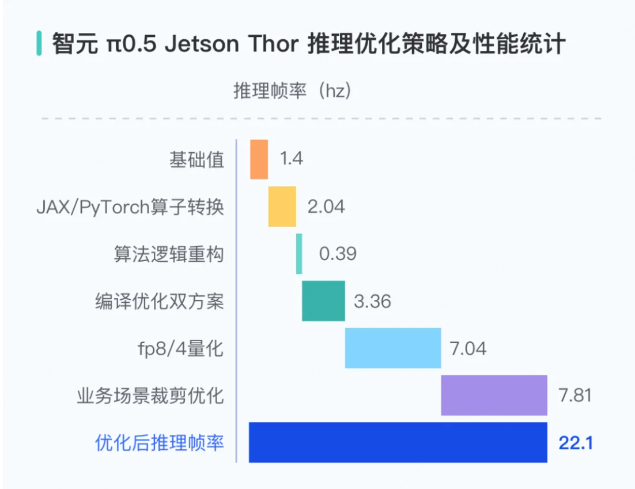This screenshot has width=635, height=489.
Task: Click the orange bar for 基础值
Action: click(259, 159)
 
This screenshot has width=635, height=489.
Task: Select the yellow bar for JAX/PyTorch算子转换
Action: click(282, 206)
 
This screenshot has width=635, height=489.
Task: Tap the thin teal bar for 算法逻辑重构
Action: click(299, 254)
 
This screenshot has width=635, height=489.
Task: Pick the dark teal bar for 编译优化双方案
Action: click(323, 301)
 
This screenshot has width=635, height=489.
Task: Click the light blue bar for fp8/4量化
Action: click(393, 348)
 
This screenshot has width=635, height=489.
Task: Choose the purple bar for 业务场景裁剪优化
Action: click(494, 396)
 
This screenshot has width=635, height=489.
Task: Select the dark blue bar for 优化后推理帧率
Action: click(398, 443)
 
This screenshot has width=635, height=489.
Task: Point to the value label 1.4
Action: click(292, 159)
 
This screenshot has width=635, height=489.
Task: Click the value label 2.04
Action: click(326, 206)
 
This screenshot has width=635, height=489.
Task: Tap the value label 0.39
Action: click(338, 254)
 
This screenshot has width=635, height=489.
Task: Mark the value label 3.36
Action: click(372, 301)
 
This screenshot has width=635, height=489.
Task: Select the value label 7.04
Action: click(467, 348)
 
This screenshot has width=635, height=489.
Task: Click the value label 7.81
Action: click(574, 396)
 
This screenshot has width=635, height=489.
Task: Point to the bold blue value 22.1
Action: click(576, 443)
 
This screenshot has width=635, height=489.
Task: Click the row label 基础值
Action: click(196, 160)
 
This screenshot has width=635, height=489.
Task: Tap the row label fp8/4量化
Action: click(177, 349)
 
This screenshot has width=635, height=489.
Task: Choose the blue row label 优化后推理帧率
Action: click(159, 443)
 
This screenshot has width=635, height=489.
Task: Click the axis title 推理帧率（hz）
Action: click(292, 91)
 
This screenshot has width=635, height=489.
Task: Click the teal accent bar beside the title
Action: click(39, 44)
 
